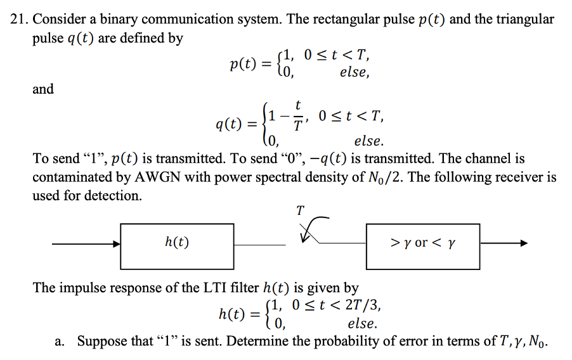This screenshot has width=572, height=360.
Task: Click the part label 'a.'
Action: [60, 342]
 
